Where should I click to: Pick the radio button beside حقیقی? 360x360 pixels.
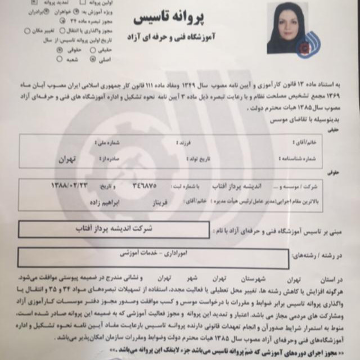(93, 51)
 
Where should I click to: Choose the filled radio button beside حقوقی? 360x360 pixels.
(60, 51)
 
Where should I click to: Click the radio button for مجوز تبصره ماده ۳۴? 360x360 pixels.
(61, 21)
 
